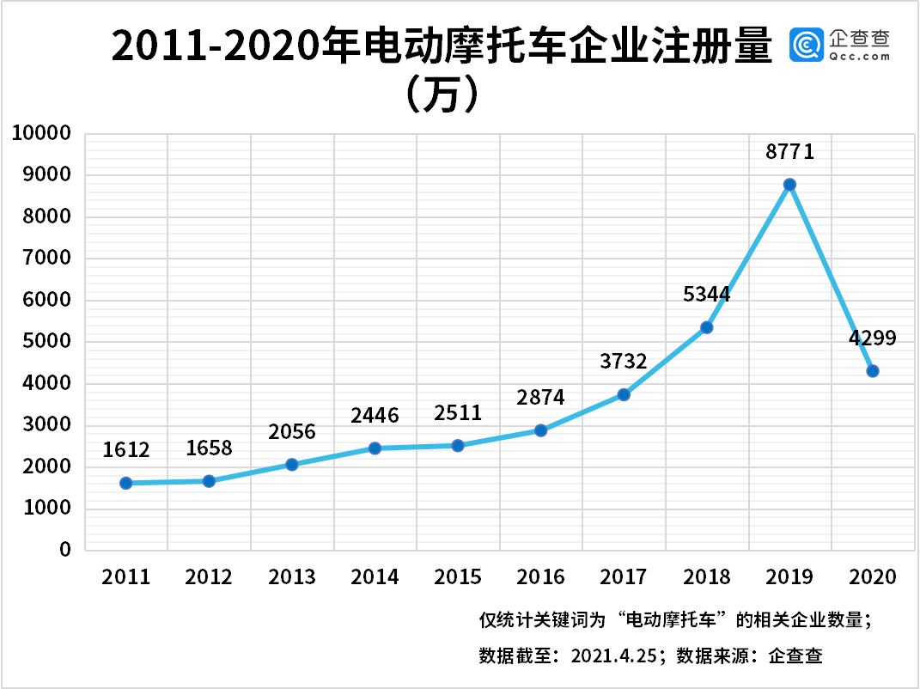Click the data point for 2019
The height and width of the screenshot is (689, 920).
(x=789, y=185)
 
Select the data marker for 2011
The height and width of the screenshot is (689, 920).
(x=126, y=483)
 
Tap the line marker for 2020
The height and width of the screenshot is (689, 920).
(x=873, y=371)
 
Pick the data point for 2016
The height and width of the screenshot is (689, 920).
(x=541, y=430)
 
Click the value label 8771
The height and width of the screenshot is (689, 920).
(x=789, y=152)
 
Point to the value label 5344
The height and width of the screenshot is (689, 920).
(x=706, y=295)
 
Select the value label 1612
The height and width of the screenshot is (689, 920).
(x=126, y=449)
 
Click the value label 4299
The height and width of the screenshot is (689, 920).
(x=872, y=338)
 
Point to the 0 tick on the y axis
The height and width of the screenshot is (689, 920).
(x=64, y=550)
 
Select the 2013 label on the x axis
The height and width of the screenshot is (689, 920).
(x=292, y=576)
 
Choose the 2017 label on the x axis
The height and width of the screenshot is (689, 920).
(x=624, y=576)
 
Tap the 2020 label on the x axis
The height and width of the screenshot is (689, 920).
(x=872, y=576)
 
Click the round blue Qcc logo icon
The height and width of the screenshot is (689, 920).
(x=807, y=44)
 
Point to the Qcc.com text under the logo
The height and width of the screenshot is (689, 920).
(x=860, y=58)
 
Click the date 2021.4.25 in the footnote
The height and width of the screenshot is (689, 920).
(x=615, y=656)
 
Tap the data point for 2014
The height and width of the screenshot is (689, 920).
(x=375, y=448)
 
